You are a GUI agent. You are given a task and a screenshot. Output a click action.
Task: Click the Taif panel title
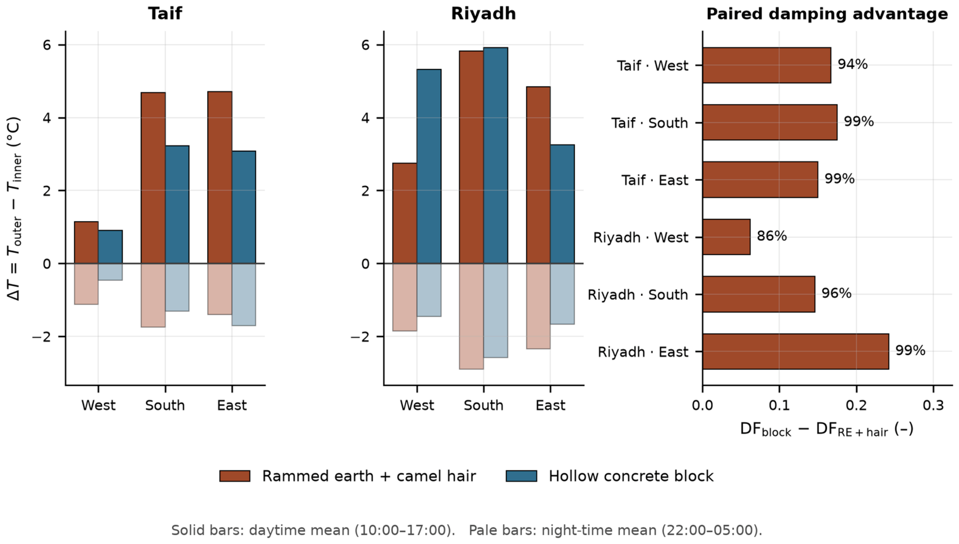[x=165, y=14]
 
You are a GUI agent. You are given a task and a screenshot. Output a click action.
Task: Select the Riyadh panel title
[x=483, y=14]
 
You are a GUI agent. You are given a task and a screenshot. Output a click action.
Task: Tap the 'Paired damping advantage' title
[x=827, y=14]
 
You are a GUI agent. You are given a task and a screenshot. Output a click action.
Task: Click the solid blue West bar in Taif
[x=110, y=247]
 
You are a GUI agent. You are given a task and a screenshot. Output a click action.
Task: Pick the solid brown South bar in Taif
[x=153, y=178]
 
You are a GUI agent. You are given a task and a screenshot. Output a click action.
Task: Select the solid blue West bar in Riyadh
[x=429, y=166]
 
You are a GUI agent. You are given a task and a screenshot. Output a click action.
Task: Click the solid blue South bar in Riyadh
[x=496, y=156]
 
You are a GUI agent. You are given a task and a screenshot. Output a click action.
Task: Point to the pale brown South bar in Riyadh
[x=472, y=316]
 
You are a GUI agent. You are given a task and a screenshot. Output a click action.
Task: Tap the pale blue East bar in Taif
[x=244, y=295]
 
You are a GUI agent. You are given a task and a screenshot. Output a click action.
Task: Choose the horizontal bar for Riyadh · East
[x=796, y=351]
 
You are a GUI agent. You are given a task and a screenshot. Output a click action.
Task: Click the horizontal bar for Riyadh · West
[x=726, y=237]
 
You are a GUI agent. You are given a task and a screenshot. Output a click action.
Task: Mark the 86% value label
[x=772, y=236]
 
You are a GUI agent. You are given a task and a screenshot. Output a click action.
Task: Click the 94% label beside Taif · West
[x=853, y=64]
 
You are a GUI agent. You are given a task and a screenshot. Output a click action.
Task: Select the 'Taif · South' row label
[x=650, y=123]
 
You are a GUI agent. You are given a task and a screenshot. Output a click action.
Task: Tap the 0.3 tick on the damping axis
[x=933, y=405]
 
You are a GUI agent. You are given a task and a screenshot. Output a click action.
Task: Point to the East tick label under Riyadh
[x=550, y=405]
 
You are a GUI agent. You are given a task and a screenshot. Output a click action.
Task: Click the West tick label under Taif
[x=98, y=405]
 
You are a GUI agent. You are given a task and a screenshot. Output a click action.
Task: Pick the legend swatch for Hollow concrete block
[x=521, y=476]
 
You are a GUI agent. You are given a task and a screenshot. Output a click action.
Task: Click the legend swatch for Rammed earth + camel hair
[x=235, y=476]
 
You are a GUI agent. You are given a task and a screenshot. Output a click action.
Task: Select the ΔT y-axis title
[x=14, y=209]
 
